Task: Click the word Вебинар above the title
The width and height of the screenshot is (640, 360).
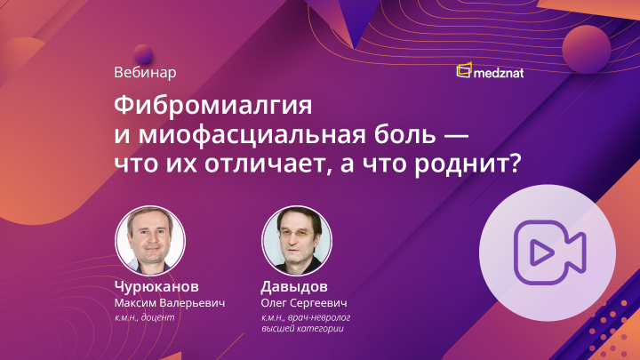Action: click(146, 71)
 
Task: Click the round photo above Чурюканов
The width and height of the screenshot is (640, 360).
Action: click(150, 242)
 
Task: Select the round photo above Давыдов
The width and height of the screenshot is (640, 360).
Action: click(297, 242)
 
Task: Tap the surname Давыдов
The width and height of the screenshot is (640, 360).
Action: click(294, 287)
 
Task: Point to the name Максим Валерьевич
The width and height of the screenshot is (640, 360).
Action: click(170, 302)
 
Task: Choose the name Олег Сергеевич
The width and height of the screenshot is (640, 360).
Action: click(303, 303)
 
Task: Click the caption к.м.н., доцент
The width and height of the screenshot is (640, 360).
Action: click(148, 317)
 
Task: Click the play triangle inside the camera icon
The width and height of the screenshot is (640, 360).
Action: click(537, 253)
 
